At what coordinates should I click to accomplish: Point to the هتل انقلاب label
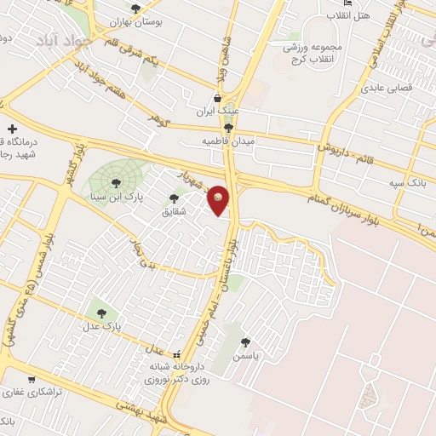click(351, 16)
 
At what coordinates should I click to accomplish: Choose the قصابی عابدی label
click(388, 88)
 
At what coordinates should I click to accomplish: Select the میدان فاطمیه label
click(227, 141)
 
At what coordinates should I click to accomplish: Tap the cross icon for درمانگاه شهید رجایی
click(12, 128)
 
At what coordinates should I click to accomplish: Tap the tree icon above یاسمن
click(246, 341)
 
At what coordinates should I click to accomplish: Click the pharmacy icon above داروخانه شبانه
click(176, 354)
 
